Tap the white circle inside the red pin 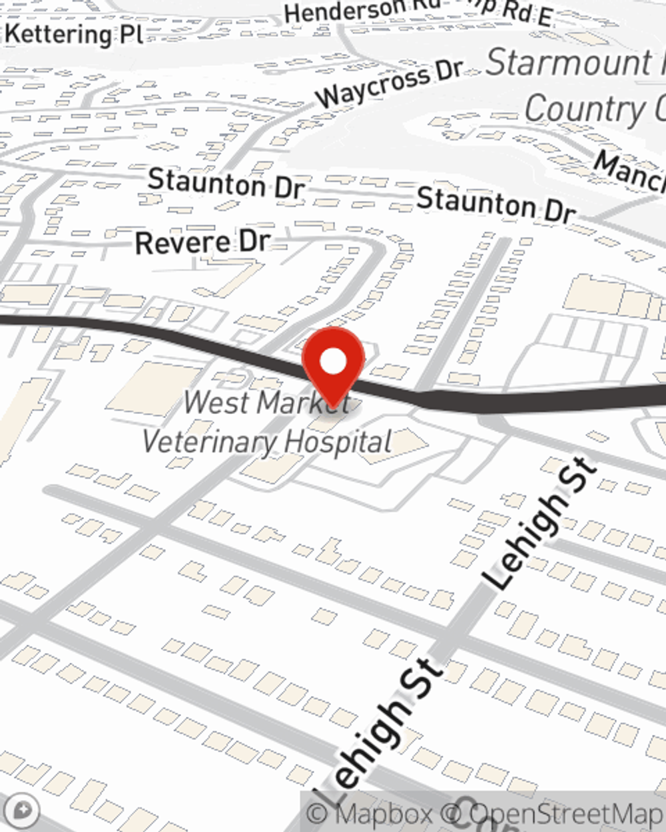pos(333,362)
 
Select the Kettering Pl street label pos(73,34)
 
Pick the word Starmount pos(569,64)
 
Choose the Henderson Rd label pos(346,11)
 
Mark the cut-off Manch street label pos(629,170)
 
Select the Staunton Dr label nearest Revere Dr pos(226,182)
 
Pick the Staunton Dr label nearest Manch pos(496,204)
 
